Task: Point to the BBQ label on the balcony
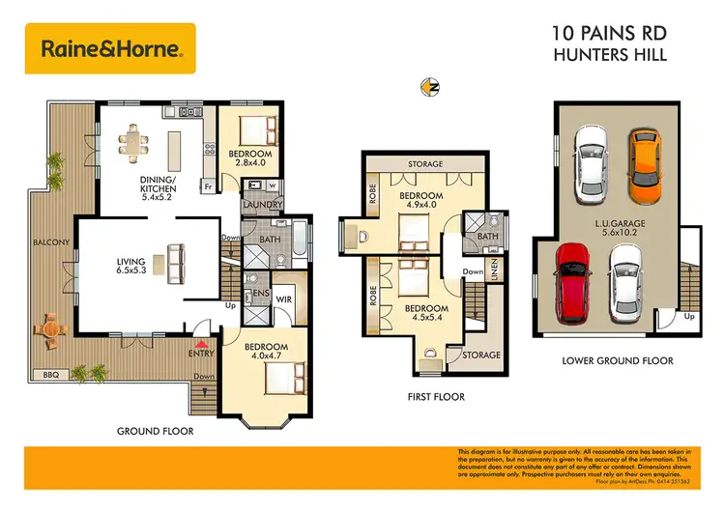[x=51, y=374]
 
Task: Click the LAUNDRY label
[x=263, y=205]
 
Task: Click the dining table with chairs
[x=134, y=145]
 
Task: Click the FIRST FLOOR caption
[x=435, y=397]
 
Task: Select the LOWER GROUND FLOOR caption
[x=617, y=361]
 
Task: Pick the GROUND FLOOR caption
[x=155, y=431]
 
